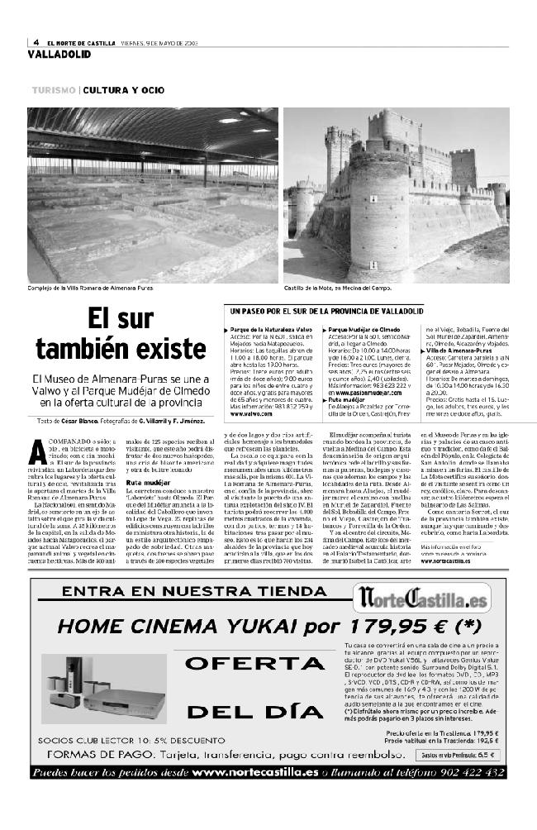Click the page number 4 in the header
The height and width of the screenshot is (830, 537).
tap(37, 43)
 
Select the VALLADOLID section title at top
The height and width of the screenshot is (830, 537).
tap(59, 54)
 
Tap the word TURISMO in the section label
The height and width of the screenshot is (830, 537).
tap(55, 89)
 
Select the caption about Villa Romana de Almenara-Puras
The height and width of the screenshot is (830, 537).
tap(91, 288)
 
